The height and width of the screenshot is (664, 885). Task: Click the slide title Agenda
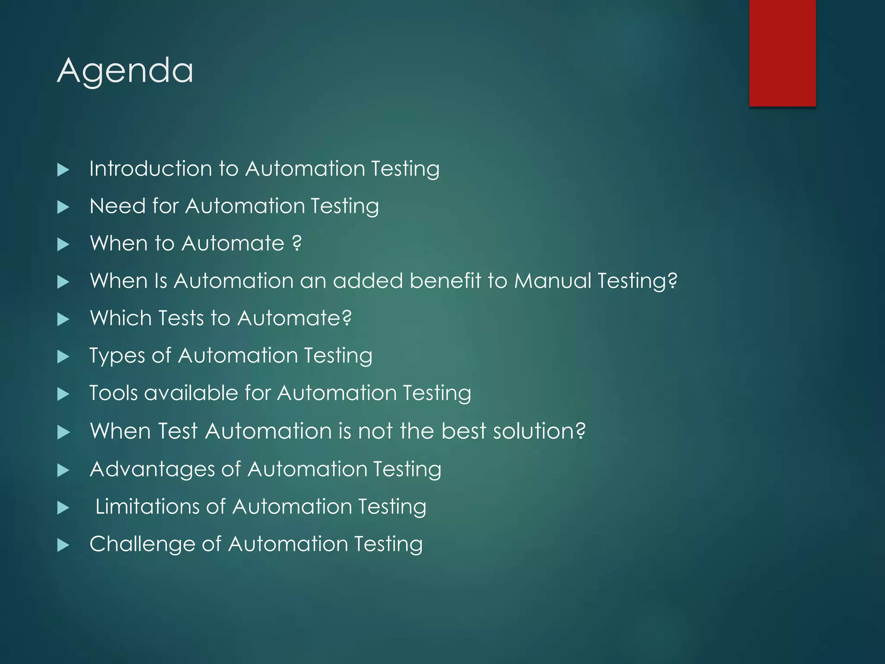[x=125, y=70]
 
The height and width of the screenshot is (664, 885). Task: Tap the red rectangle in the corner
[x=782, y=53]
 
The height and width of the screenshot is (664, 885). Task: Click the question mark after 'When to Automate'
[x=296, y=243]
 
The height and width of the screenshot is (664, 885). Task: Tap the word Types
[x=117, y=356]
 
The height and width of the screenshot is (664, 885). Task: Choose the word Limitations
[x=147, y=507]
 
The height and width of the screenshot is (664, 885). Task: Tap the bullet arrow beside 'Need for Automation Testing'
[x=63, y=207]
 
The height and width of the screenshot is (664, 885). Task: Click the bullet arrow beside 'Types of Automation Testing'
[x=63, y=357]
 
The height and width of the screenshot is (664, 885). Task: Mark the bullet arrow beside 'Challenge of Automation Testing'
[x=63, y=545]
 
